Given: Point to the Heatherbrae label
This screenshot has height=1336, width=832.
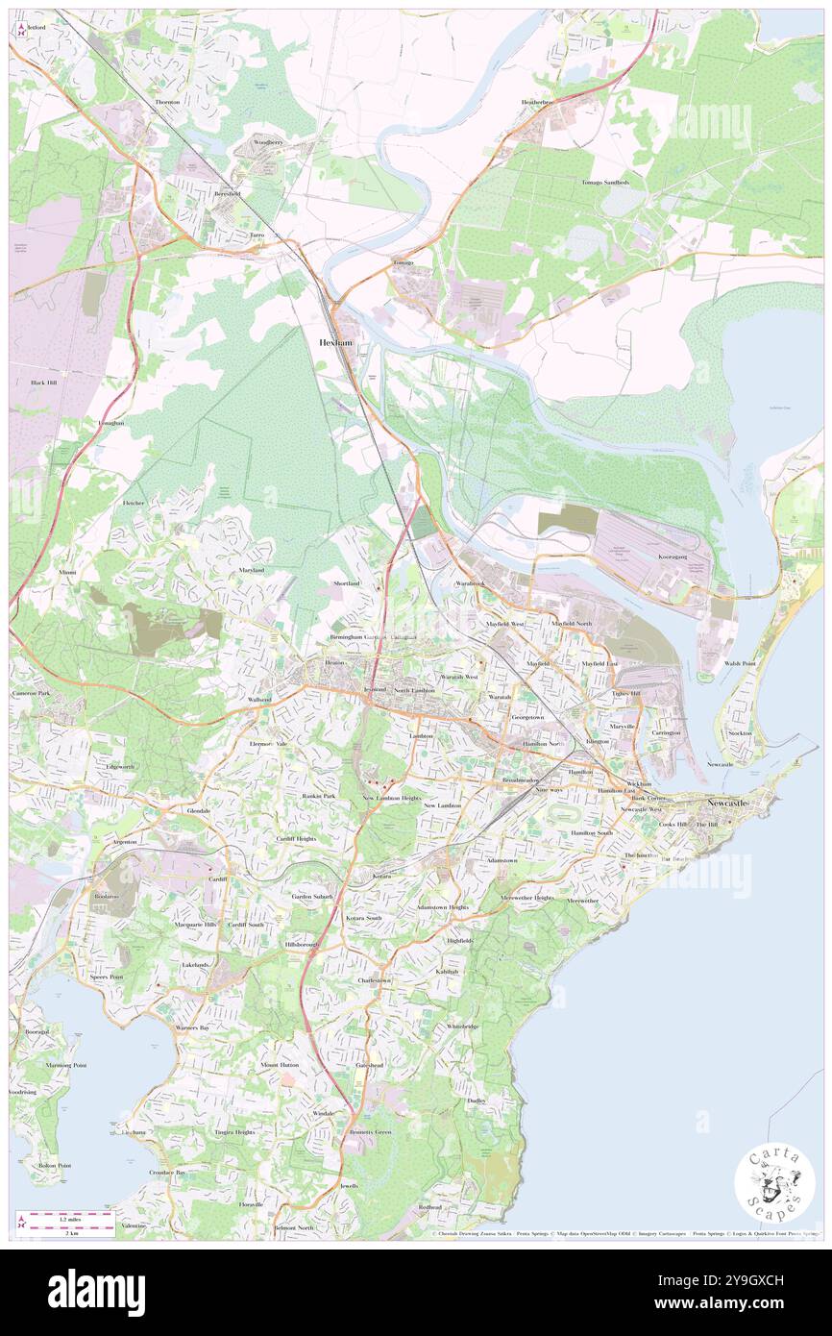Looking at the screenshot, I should coord(537,102).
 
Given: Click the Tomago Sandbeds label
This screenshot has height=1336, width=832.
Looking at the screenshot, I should coord(605,182).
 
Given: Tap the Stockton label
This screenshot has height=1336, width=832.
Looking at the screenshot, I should coord(741,733).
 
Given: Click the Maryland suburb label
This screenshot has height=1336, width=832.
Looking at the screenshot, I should coord(251,570).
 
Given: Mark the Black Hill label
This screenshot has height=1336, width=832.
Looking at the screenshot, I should coord(43,383).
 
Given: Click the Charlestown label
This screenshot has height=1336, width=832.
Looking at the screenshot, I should coord(374,980).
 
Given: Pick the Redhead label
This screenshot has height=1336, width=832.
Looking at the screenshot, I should coord(429,1206).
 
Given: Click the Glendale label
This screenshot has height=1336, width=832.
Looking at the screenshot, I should coord(198,810).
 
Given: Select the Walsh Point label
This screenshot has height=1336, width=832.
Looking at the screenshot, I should coord(741,663).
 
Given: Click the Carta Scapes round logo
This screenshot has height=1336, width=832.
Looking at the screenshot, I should coord(774,1185).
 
